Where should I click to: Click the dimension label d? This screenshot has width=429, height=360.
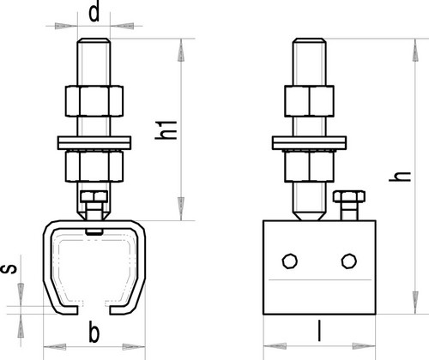pyautogui.click(x=94, y=11)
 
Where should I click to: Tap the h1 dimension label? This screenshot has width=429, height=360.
pyautogui.click(x=166, y=130)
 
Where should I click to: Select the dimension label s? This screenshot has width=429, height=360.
pyautogui.click(x=9, y=269)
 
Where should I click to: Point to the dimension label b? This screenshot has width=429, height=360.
pyautogui.click(x=94, y=332)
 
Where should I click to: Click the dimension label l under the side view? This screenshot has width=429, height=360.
pyautogui.click(x=319, y=331)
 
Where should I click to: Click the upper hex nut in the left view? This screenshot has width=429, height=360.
pyautogui.click(x=94, y=101)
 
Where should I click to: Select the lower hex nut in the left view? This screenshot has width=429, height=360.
pyautogui.click(x=94, y=166)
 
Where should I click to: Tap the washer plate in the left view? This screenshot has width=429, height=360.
pyautogui.click(x=94, y=143)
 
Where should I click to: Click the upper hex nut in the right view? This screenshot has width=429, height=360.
pyautogui.click(x=309, y=101)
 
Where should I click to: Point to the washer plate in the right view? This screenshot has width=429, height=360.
pyautogui.click(x=309, y=143)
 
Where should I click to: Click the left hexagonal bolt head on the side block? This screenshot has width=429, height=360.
pyautogui.click(x=290, y=261)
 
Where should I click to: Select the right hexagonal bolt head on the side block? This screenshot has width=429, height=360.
pyautogui.click(x=349, y=261)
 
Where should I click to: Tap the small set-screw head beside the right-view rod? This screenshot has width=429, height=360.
pyautogui.click(x=349, y=196)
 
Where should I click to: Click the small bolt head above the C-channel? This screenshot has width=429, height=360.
pyautogui.click(x=94, y=196)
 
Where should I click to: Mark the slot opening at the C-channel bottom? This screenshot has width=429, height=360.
pyautogui.click(x=94, y=310)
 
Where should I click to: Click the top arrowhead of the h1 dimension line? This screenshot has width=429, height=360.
pyautogui.click(x=181, y=50)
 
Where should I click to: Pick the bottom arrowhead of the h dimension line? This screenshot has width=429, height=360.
pyautogui.click(x=415, y=303)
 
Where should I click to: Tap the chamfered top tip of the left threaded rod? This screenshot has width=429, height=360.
pyautogui.click(x=94, y=40)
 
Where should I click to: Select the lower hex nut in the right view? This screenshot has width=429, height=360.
pyautogui.click(x=309, y=166)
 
